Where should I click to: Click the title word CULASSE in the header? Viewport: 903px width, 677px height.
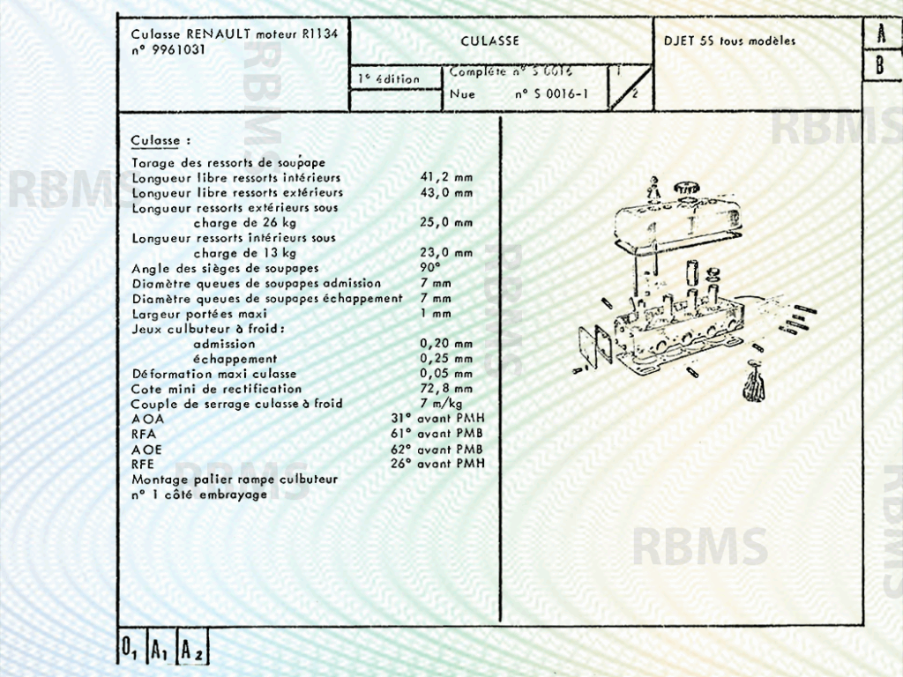pyautogui.click(x=489, y=41)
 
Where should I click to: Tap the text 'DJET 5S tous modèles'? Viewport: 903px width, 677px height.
pyautogui.click(x=729, y=41)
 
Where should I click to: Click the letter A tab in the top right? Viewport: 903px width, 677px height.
pyautogui.click(x=881, y=35)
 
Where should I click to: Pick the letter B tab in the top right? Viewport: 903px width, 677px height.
pyautogui.click(x=880, y=66)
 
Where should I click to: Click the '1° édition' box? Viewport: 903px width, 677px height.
pyautogui.click(x=389, y=79)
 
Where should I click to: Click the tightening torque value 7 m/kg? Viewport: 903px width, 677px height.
pyautogui.click(x=442, y=404)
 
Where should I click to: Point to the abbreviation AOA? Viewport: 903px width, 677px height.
pyautogui.click(x=147, y=419)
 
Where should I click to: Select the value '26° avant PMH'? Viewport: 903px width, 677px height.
pyautogui.click(x=437, y=464)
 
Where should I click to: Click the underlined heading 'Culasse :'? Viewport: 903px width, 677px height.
pyautogui.click(x=160, y=141)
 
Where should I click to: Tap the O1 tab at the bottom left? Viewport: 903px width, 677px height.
pyautogui.click(x=130, y=651)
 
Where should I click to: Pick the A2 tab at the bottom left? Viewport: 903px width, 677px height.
pyautogui.click(x=192, y=651)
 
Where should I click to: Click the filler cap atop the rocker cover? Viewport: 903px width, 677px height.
pyautogui.click(x=686, y=188)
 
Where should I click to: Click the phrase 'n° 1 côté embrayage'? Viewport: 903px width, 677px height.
pyautogui.click(x=199, y=495)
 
